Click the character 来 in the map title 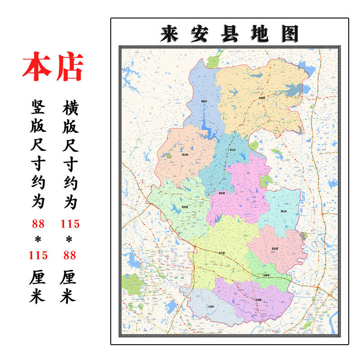(x=169, y=34)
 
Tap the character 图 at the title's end (x=290, y=34)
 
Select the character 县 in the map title (x=230, y=34)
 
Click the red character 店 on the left (x=69, y=67)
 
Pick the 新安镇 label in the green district (x=185, y=207)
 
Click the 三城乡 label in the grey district (x=211, y=306)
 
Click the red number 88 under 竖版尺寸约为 (x=38, y=223)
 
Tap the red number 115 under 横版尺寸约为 (x=69, y=223)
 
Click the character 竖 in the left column (x=38, y=108)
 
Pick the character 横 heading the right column (x=69, y=108)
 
